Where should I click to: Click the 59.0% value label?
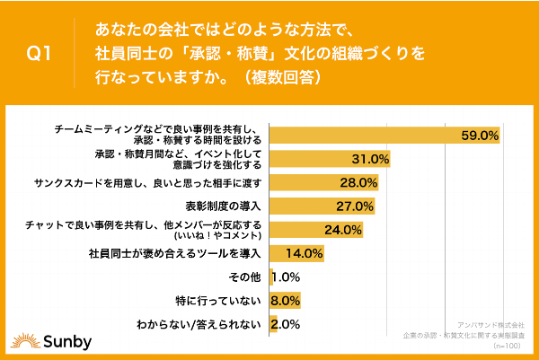pyautogui.click(x=480, y=136)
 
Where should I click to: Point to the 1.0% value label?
pyautogui.click(x=286, y=277)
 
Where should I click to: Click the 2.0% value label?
pyautogui.click(x=286, y=323)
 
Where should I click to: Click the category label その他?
pyautogui.click(x=246, y=277)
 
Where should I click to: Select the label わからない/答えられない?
pyautogui.click(x=200, y=323)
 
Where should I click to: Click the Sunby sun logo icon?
pyautogui.click(x=23, y=340)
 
